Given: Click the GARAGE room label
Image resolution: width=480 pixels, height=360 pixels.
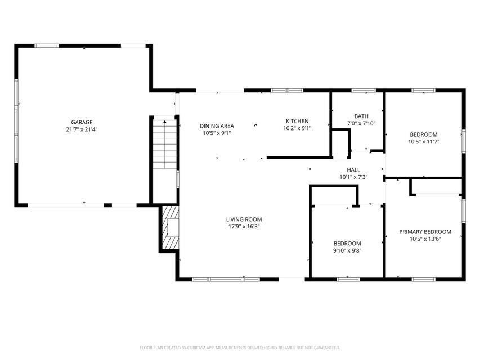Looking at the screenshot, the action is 82,122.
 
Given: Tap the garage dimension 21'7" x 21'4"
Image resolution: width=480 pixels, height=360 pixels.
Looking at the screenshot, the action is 82,129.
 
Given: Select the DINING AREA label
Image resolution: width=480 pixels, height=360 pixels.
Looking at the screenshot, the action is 217,126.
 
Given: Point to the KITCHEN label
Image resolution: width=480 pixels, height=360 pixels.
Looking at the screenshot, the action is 297,121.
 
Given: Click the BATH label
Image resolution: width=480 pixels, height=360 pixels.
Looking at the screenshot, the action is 361,116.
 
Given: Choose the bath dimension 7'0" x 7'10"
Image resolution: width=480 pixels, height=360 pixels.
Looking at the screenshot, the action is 361,123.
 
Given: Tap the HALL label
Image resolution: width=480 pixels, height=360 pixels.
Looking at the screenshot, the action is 353,169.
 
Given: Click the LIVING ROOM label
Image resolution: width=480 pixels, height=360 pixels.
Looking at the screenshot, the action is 244,219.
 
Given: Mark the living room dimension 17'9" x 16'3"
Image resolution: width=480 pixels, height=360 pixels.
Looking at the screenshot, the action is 244,227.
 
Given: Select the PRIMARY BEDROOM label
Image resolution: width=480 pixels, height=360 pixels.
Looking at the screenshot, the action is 425,232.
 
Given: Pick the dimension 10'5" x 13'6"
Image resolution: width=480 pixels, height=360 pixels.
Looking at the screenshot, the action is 425,239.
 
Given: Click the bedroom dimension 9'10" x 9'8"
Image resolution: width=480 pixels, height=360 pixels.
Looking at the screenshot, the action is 347,251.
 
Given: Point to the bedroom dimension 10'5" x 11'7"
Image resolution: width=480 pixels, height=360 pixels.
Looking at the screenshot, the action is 424,142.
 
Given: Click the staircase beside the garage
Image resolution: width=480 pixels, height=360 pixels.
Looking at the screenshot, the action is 165,144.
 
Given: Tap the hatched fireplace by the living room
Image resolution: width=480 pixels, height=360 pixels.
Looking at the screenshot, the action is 171,227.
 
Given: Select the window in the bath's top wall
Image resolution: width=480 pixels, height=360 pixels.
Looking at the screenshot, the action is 364,91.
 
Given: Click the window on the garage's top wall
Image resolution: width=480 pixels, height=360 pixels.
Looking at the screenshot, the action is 46,46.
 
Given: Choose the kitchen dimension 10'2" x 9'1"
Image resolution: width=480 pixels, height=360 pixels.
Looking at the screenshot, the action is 297,128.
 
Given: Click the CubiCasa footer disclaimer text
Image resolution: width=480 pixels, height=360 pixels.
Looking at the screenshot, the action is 240,348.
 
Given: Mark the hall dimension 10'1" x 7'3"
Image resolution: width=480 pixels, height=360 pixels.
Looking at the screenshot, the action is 353,177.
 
